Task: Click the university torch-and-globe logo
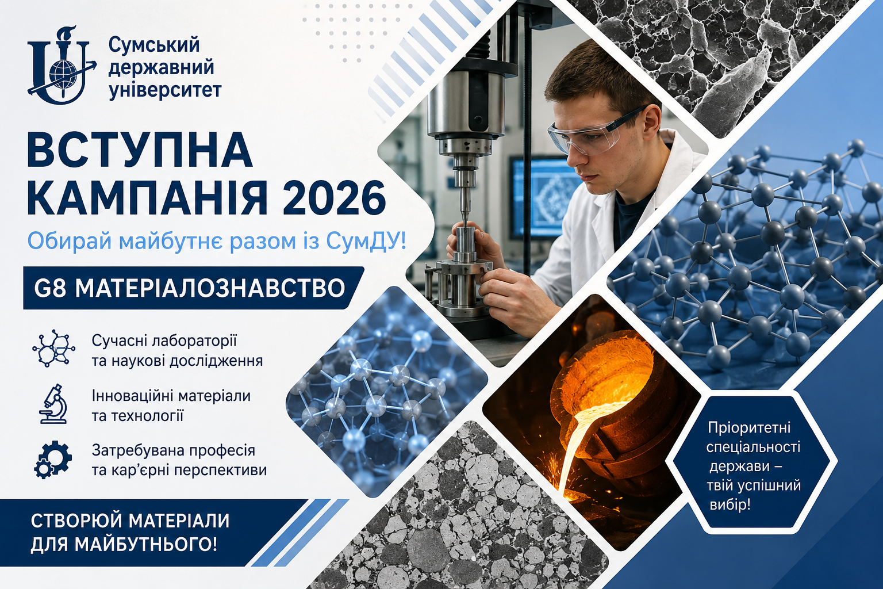(x=62, y=64)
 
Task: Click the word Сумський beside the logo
(x=154, y=45)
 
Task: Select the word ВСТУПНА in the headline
(x=140, y=151)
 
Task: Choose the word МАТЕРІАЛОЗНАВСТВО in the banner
(x=210, y=288)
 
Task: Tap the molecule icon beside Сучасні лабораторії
(x=53, y=349)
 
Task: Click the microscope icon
(x=53, y=404)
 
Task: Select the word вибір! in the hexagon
(x=730, y=504)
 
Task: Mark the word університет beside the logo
(x=165, y=90)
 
